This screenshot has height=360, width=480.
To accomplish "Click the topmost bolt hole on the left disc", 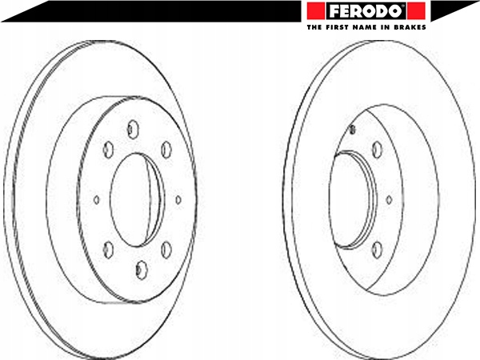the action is pos(133,130).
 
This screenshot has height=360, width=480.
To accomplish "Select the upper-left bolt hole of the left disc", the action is pos(108,150).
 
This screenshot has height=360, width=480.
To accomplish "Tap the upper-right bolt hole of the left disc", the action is pos(166,150).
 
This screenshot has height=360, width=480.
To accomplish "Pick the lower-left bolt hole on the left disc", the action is pos(108,249).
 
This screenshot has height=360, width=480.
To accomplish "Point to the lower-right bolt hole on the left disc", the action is pos(166,250).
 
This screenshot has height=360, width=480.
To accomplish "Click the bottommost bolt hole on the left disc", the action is pos(141,270).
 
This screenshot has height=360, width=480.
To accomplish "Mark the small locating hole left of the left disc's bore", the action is pos(97,200).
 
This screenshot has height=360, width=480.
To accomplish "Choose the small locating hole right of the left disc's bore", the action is pos(178,200).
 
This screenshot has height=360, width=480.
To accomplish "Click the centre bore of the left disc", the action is pos(134,200).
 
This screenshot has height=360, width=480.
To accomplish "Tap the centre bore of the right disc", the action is pos(352,199).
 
